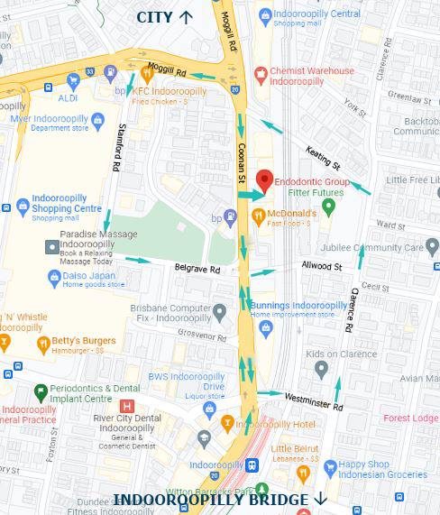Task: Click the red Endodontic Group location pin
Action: pos(263,179)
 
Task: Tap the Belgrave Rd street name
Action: pos(196,269)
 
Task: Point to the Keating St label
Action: pos(322,159)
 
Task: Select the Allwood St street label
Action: pos(322,267)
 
